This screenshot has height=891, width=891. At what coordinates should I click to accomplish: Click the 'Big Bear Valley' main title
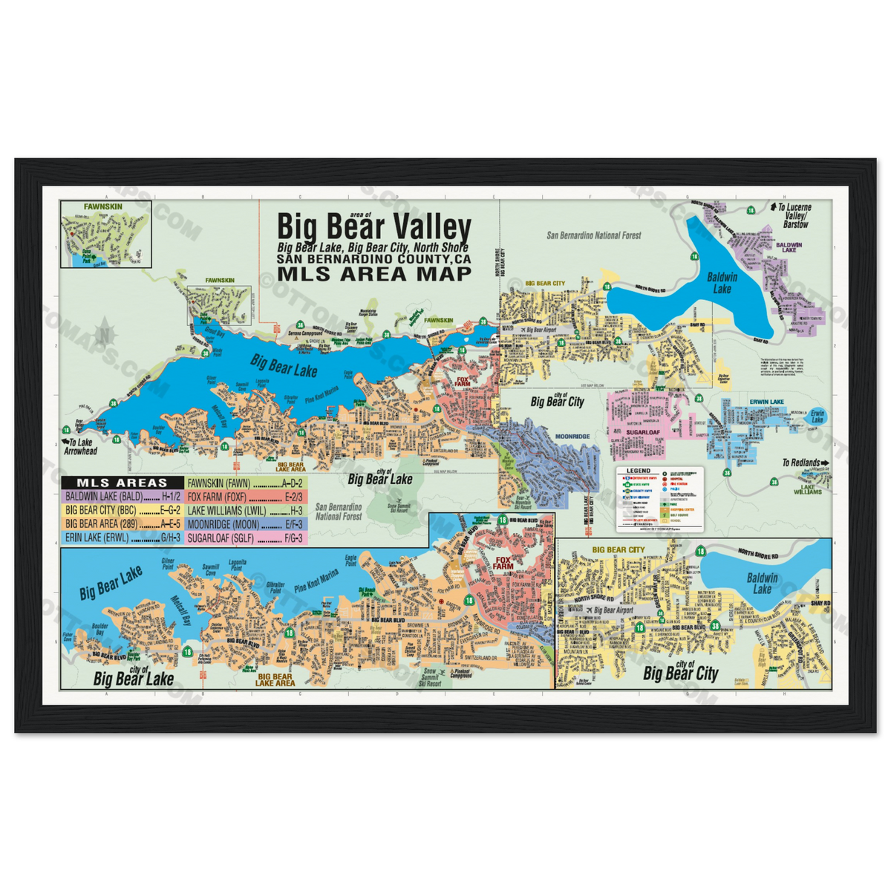pyautogui.click(x=373, y=226)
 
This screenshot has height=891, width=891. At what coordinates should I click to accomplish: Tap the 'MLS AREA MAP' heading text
pyautogui.click(x=373, y=273)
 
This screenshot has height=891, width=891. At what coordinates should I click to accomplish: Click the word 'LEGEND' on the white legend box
pyautogui.click(x=638, y=471)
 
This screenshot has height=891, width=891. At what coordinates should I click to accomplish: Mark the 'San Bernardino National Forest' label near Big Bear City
pyautogui.click(x=593, y=235)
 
